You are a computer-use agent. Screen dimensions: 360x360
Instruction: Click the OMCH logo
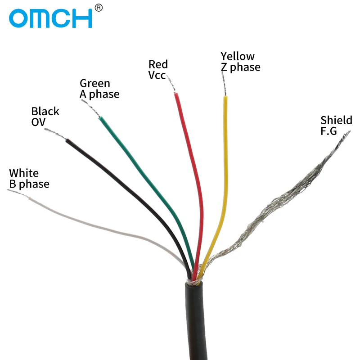point(50,18)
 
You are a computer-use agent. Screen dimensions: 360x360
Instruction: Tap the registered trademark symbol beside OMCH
point(99,7)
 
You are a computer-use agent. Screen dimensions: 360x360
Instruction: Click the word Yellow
point(237,56)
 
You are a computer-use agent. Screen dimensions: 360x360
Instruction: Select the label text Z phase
point(240,67)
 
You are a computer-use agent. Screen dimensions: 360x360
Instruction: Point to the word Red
point(158,64)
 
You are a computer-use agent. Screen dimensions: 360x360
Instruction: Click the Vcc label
point(157,75)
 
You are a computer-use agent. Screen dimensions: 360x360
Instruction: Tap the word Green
point(94,83)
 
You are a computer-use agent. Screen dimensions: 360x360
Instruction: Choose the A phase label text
point(99,94)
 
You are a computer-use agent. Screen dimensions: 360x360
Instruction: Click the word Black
point(45,111)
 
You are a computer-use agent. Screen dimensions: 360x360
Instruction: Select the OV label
point(39,122)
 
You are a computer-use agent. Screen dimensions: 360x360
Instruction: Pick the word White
point(24,173)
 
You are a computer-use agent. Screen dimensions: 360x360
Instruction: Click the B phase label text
point(29,184)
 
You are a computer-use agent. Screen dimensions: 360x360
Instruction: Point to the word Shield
point(336,120)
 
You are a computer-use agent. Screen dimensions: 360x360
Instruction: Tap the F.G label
point(328,131)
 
